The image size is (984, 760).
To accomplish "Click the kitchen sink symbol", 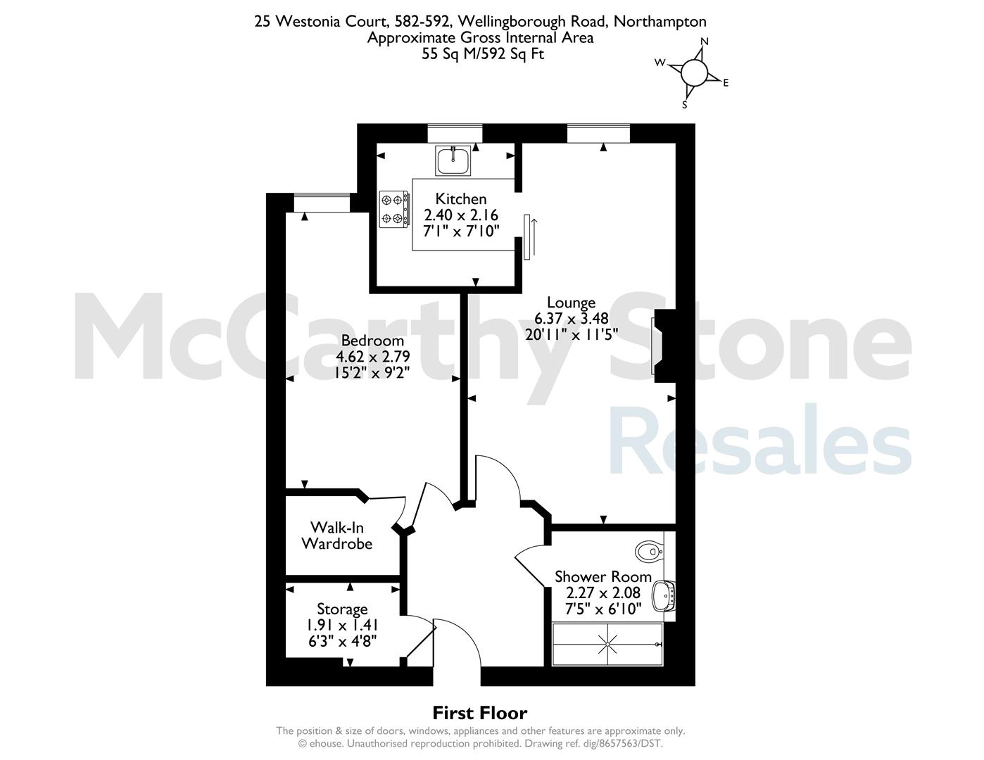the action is (x=453, y=160).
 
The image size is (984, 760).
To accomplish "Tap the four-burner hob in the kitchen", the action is (x=394, y=209).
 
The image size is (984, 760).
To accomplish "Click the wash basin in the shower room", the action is (x=663, y=596).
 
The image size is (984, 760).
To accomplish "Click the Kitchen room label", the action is (x=460, y=198).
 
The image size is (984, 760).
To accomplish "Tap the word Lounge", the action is (x=571, y=303).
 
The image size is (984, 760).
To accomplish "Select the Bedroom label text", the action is (x=372, y=340).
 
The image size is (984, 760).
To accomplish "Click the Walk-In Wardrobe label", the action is (x=337, y=536).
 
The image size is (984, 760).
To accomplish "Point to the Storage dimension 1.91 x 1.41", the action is (x=342, y=625).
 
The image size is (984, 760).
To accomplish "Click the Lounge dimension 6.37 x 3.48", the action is (x=572, y=319).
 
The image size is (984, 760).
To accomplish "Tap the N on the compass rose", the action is (x=704, y=42).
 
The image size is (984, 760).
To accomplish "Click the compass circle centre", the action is (x=694, y=72).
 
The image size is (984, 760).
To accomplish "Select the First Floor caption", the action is (x=480, y=714).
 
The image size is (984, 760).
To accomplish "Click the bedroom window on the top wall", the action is (x=322, y=203).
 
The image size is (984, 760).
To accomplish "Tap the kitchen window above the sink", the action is (x=455, y=133).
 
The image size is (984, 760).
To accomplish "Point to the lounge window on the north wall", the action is (x=599, y=133).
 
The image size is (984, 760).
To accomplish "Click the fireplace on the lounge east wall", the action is (x=664, y=346).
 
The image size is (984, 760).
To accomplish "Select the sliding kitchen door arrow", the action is (x=534, y=236).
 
